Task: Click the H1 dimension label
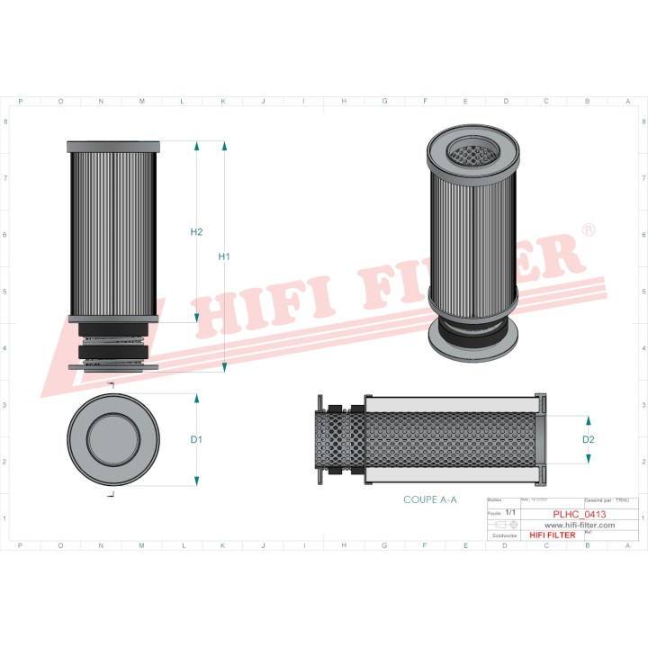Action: (x=225, y=257)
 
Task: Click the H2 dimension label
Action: (x=196, y=232)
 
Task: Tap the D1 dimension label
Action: (x=196, y=440)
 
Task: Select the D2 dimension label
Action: (x=589, y=440)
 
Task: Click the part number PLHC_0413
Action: (x=578, y=514)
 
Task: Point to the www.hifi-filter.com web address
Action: (x=579, y=525)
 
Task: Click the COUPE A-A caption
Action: (x=429, y=499)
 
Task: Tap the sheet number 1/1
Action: (x=510, y=512)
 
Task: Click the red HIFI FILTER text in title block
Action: (x=552, y=535)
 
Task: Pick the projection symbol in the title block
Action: (x=508, y=523)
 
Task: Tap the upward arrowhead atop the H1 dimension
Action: (x=224, y=147)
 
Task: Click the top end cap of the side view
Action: (x=113, y=146)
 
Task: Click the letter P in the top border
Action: (x=21, y=102)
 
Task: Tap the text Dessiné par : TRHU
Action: (x=607, y=499)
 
